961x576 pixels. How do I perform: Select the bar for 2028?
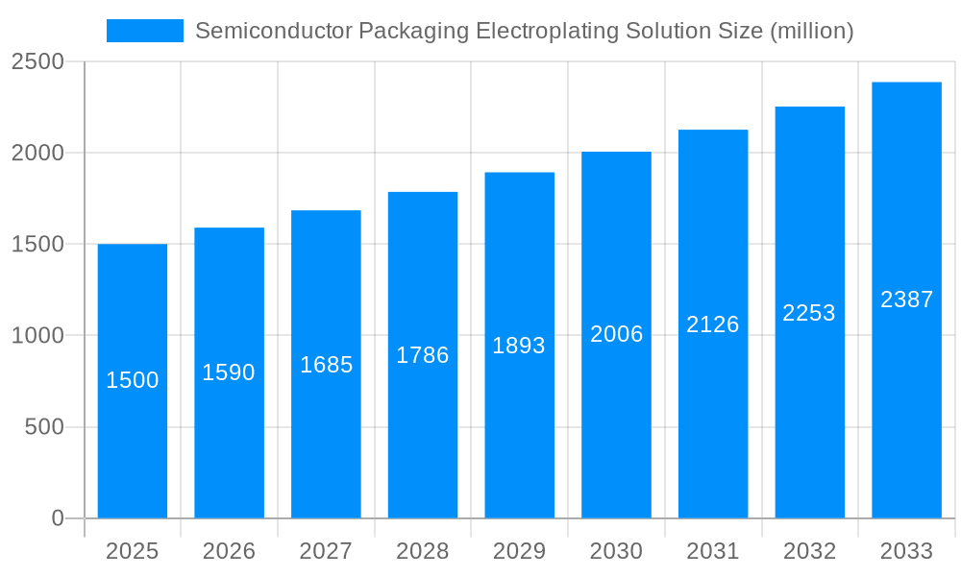(423, 432)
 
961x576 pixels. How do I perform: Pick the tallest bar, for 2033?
(906, 403)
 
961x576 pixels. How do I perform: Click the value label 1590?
(229, 372)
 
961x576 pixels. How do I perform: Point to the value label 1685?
(327, 365)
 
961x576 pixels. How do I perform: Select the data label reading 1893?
(519, 346)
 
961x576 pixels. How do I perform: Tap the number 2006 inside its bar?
(616, 334)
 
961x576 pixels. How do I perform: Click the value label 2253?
(809, 313)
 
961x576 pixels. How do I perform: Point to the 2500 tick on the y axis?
(37, 62)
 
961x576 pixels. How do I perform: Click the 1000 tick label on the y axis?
(37, 336)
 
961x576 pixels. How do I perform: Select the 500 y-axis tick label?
(44, 427)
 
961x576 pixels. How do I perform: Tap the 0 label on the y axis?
(57, 518)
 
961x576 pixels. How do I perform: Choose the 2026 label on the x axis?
(229, 551)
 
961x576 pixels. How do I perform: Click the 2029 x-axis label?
(519, 551)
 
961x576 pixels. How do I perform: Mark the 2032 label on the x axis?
(809, 551)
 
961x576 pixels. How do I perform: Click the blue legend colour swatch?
(144, 31)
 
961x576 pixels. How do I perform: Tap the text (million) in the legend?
(812, 31)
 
